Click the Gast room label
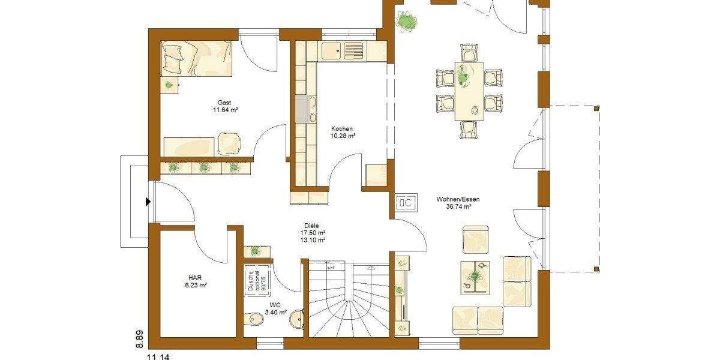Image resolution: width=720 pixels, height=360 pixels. pyautogui.click(x=224, y=103)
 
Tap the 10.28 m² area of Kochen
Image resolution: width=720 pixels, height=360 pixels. pyautogui.click(x=344, y=136)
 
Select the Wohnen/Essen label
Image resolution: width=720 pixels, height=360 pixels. pyautogui.click(x=458, y=199)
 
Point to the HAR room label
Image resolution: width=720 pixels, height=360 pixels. pyautogui.click(x=195, y=278)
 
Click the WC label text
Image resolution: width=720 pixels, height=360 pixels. pyautogui.click(x=275, y=304)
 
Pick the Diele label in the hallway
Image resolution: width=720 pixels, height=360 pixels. pyautogui.click(x=313, y=226)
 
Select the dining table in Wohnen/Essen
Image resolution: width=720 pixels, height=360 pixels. pyautogui.click(x=469, y=91)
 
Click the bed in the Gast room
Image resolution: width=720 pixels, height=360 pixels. pyautogui.click(x=197, y=59)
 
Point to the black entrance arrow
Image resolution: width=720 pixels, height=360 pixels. pyautogui.click(x=148, y=202)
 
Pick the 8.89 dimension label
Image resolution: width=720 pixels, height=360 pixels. pyautogui.click(x=139, y=339)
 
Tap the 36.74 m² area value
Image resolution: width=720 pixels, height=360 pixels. pyautogui.click(x=458, y=207)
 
